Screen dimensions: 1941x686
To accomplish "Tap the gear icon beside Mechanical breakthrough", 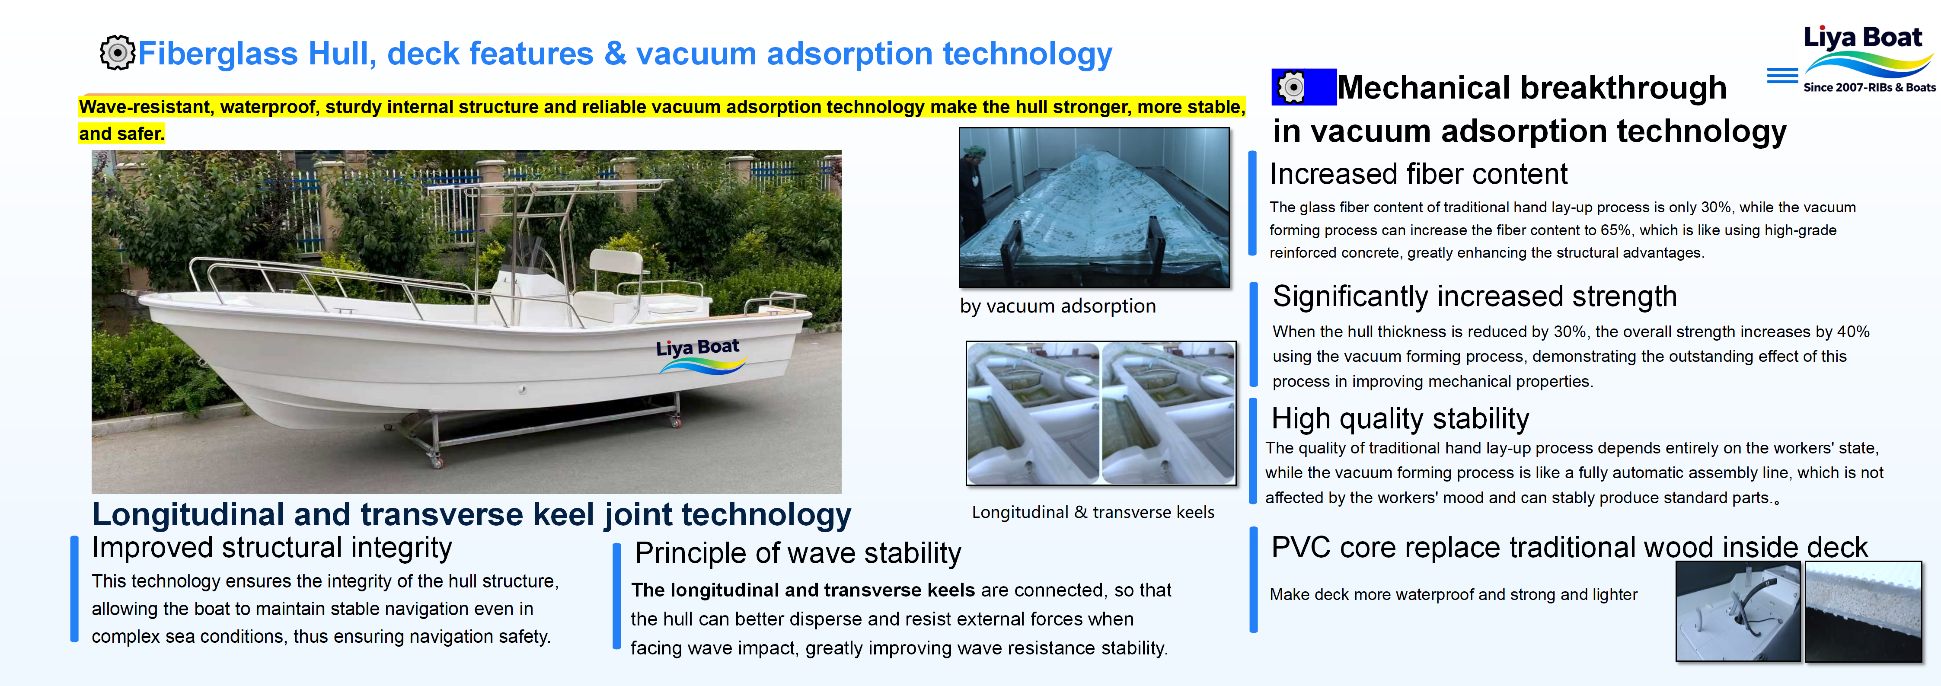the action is click(x=1292, y=87).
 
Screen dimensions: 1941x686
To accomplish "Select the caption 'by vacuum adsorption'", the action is click(x=1058, y=306).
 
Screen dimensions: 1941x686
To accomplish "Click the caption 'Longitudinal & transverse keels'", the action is click(x=1092, y=512).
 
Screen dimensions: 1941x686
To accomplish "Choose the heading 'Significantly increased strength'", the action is click(x=1475, y=296).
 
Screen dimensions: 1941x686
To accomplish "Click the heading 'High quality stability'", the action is click(x=1400, y=418).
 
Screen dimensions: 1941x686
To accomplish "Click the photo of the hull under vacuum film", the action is click(x=1094, y=207).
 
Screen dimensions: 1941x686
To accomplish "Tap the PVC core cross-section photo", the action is click(x=1863, y=611).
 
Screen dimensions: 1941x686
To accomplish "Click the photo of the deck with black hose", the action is click(x=1737, y=611).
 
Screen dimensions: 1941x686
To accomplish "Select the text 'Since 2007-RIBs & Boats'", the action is click(x=1869, y=87).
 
